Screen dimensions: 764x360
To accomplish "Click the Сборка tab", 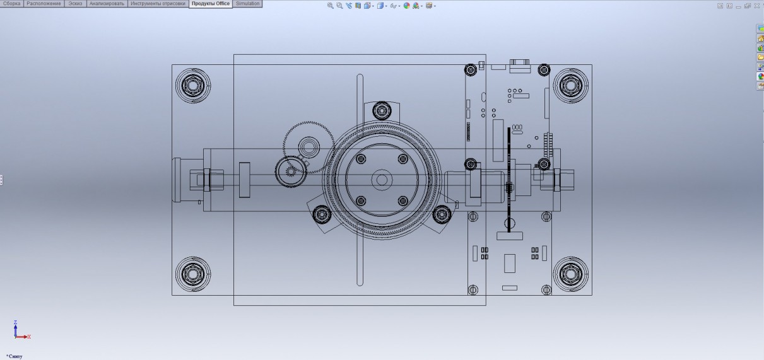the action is [x=11, y=3].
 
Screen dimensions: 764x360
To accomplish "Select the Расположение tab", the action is [x=44, y=3].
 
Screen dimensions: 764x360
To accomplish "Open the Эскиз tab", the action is [x=75, y=3].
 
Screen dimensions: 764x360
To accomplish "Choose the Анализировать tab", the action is [x=107, y=3].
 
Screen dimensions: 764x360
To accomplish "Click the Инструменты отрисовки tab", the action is [x=158, y=3].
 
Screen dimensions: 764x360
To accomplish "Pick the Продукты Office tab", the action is [x=211, y=4].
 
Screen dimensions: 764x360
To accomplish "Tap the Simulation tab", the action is [x=247, y=3].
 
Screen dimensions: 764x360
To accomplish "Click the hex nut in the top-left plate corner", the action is [x=192, y=85].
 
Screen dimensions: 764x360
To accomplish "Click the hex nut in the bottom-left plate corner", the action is [x=192, y=274].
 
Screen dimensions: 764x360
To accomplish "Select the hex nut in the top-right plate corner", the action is [x=570, y=85].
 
